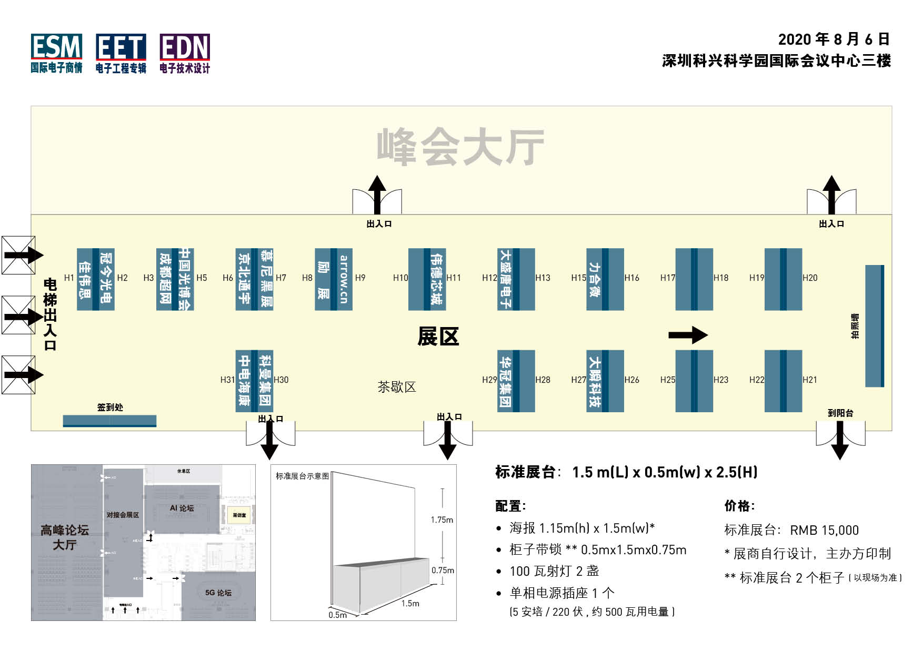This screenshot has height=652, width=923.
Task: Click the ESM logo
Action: tap(56, 53)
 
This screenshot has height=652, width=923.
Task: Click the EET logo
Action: tap(121, 53)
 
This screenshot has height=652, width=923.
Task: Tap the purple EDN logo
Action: tap(185, 53)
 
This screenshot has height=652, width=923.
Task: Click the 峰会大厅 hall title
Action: tap(460, 147)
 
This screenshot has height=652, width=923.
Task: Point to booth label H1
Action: tap(69, 278)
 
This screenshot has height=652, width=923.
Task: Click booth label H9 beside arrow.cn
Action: tap(360, 278)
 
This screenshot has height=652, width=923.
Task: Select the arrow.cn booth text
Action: tap(344, 279)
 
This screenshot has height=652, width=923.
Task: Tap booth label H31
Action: tap(227, 380)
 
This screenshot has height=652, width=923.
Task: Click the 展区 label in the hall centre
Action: tap(438, 337)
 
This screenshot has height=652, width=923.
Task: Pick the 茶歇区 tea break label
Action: tap(397, 388)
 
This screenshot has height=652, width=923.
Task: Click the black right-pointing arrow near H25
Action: tap(688, 335)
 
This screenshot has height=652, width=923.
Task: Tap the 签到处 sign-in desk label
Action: tap(110, 407)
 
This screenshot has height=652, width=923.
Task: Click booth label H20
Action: tap(810, 278)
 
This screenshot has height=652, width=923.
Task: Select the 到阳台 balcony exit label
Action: tap(840, 413)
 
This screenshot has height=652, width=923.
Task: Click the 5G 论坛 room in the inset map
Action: tap(218, 593)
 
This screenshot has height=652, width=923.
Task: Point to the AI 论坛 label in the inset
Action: tap(182, 508)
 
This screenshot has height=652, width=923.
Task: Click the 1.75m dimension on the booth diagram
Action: tap(442, 520)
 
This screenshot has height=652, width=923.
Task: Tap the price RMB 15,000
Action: tap(824, 530)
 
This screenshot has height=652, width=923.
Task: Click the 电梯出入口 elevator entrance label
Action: tap(50, 314)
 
